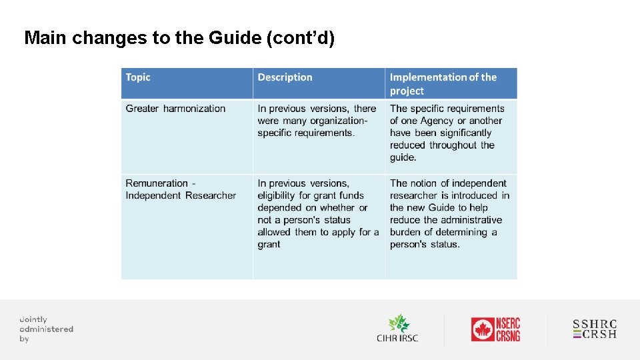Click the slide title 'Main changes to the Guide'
(179, 38)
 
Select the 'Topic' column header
(138, 77)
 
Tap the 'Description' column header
(285, 77)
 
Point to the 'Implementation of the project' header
(443, 84)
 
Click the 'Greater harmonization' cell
(175, 109)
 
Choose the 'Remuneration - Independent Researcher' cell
(181, 189)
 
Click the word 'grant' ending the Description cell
(269, 244)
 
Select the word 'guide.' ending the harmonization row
(403, 157)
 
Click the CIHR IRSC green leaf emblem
(399, 323)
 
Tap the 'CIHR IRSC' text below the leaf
(397, 338)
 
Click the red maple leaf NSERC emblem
(482, 329)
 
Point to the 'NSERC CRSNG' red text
(508, 329)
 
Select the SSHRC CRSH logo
(595, 329)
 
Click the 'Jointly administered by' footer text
(46, 329)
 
